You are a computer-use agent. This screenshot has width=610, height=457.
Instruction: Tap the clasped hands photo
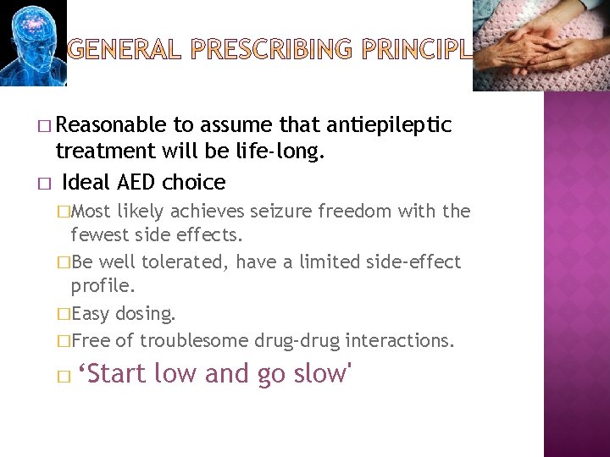tap(541, 44)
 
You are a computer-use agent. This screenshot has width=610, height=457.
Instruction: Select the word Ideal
tap(85, 182)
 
